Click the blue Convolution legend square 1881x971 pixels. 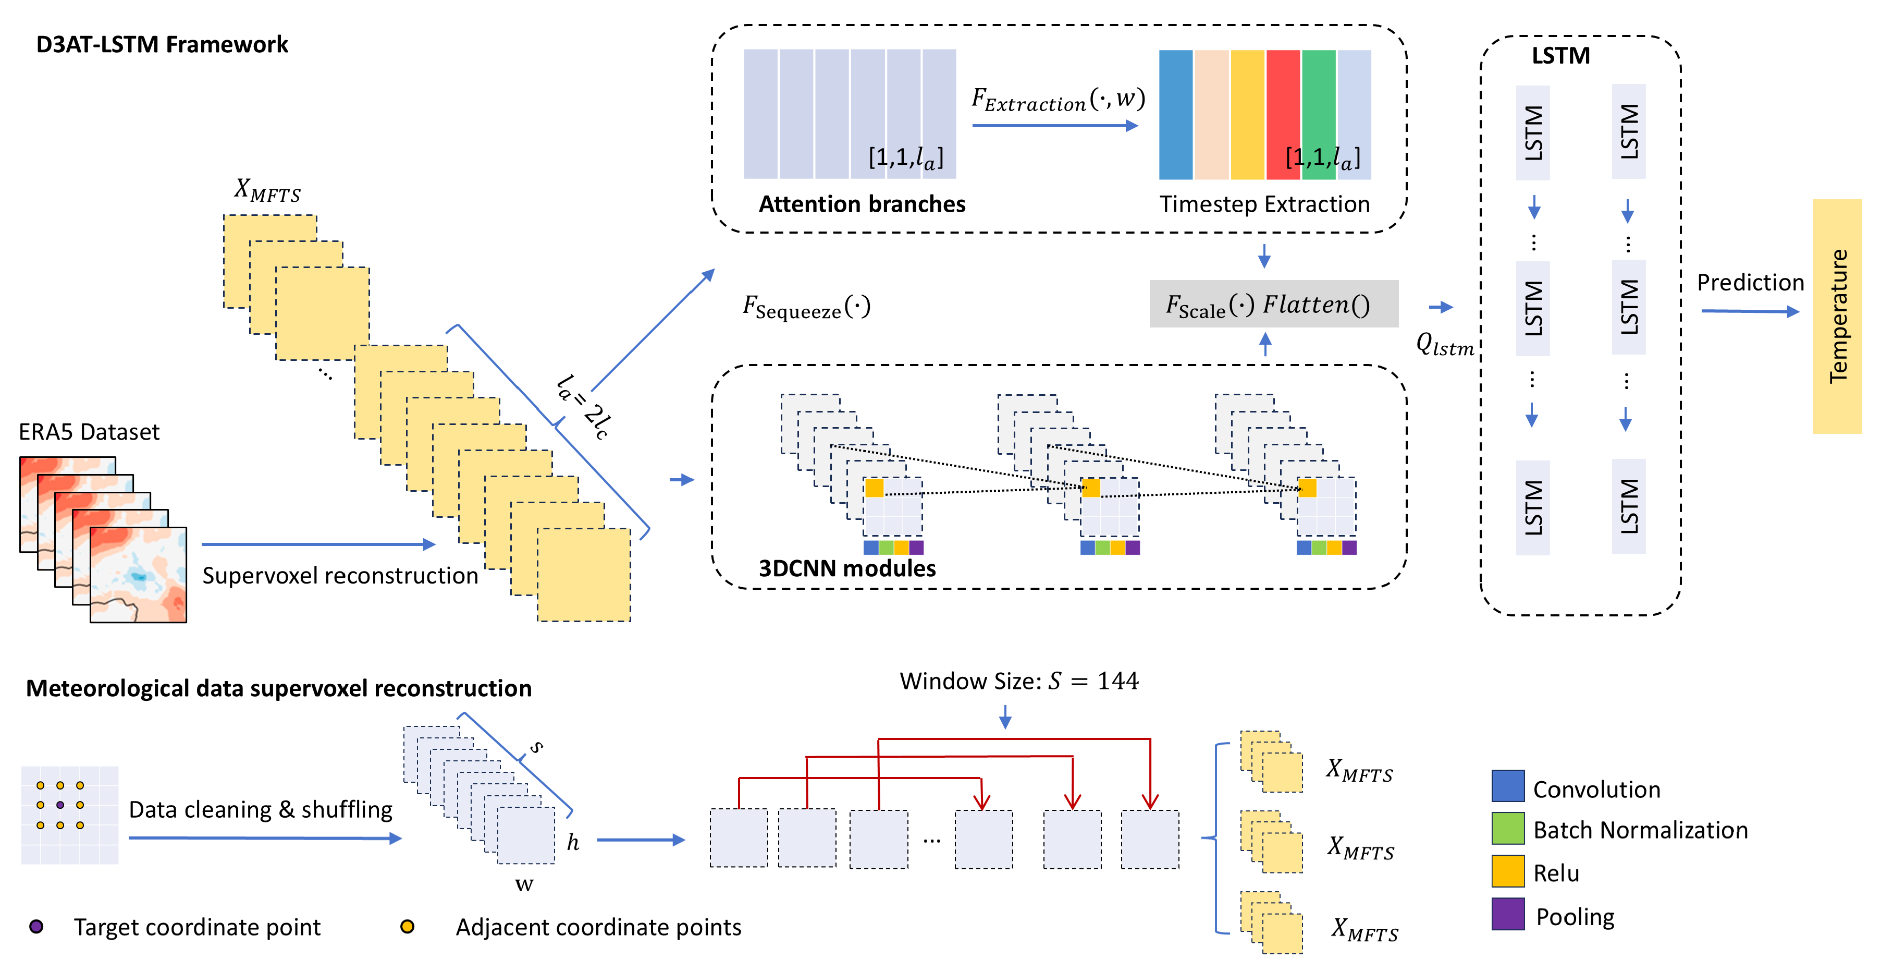click(x=1507, y=785)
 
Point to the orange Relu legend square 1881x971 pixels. click(x=1507, y=870)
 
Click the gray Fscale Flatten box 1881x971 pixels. click(x=1273, y=304)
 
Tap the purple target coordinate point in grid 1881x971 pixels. click(x=60, y=805)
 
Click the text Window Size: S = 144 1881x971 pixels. click(x=1018, y=681)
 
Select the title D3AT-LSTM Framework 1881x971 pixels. click(x=162, y=44)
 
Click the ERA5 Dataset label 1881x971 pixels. click(x=89, y=432)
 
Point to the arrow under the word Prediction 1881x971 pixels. click(x=1750, y=311)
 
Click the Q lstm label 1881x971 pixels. click(x=1444, y=344)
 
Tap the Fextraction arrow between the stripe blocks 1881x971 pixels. click(x=1054, y=126)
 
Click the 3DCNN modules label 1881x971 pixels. click(x=846, y=568)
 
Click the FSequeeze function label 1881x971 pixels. click(x=806, y=307)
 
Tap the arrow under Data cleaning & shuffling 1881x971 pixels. click(x=264, y=838)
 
